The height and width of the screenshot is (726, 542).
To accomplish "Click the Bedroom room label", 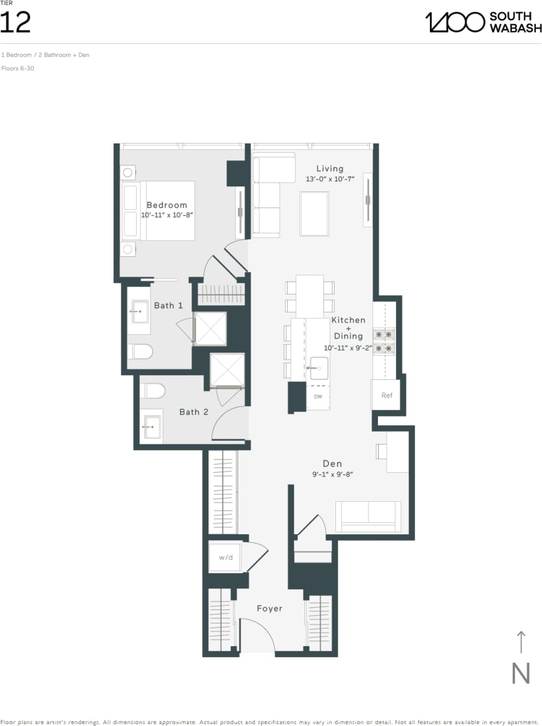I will point(166,205).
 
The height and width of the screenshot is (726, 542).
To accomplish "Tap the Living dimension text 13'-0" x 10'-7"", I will point(330,179).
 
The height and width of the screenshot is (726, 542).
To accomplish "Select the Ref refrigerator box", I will point(387,395).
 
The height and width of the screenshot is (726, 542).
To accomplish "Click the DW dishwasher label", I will point(317,396).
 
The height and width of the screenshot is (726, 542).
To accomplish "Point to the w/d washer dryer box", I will point(226,558).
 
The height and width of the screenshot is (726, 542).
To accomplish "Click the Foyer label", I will point(269,608).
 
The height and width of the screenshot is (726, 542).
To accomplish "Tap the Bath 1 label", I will point(168,305).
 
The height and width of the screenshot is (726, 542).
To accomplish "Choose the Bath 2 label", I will point(194,412).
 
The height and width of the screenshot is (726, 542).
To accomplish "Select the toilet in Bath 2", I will point(153,391).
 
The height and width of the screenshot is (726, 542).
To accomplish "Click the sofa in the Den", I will point(368,516).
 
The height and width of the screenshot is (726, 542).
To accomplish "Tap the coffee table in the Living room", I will point(314,214).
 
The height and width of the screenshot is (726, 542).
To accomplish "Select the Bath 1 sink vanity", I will point(139,311).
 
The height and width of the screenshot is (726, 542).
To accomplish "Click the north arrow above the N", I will point(520,642).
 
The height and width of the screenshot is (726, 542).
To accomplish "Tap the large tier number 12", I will point(15,22).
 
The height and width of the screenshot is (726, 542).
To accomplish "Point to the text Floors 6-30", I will point(17,68).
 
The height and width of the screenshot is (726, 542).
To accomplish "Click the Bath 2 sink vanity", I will point(150,426).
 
